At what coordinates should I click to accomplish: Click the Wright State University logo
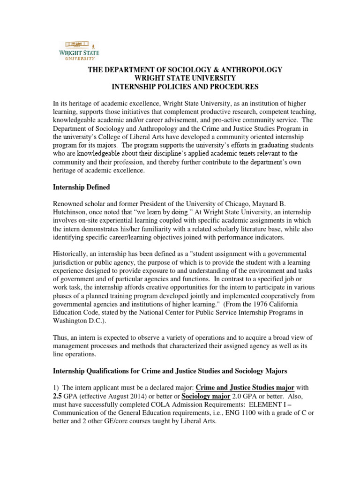click(x=78, y=49)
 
